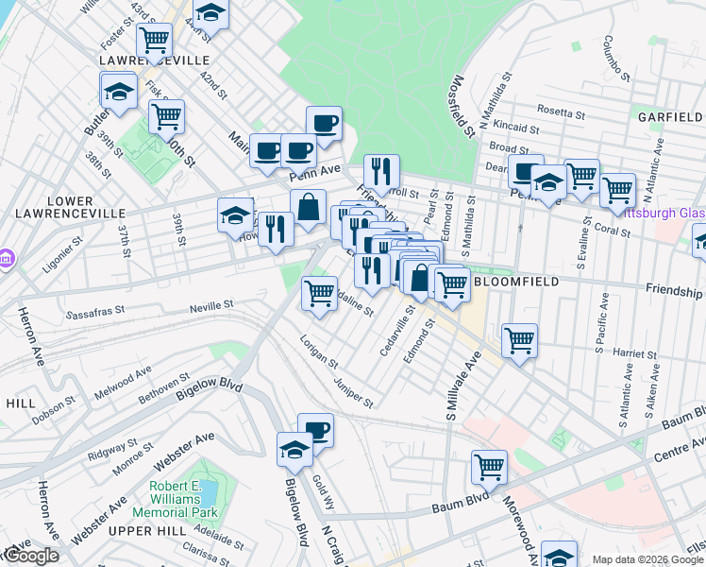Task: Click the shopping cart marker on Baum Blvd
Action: [x=489, y=466]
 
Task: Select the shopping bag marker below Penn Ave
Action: [x=309, y=206]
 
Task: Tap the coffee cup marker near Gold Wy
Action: [x=315, y=430]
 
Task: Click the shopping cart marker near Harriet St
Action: [x=519, y=340]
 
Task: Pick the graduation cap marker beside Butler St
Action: [x=119, y=91]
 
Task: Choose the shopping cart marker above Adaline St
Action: [x=320, y=292]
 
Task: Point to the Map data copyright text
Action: [x=647, y=559]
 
